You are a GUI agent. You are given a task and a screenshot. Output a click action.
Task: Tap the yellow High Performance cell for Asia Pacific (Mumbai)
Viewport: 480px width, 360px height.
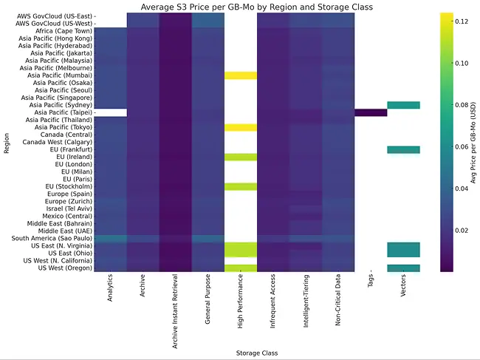[241, 75]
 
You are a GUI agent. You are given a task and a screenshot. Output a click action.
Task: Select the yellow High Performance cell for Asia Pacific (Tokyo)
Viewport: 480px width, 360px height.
[241, 127]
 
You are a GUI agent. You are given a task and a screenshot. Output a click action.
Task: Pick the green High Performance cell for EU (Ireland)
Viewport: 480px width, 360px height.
[241, 157]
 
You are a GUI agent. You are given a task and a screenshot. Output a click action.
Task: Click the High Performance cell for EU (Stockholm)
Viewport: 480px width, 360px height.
[241, 186]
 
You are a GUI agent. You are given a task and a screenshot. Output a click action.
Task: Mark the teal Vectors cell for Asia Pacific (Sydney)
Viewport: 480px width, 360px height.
[403, 105]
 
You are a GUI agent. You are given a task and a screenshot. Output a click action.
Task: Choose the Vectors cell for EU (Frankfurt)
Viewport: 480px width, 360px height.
[403, 149]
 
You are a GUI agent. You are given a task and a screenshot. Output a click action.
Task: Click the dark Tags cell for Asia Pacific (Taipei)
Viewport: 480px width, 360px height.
[371, 112]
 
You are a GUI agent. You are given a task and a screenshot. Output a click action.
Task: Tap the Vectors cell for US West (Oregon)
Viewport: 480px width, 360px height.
[403, 268]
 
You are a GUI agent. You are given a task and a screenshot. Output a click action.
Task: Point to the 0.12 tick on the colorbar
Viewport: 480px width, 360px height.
[463, 21]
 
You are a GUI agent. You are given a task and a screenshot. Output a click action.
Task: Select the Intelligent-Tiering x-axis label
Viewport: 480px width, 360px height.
[306, 299]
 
